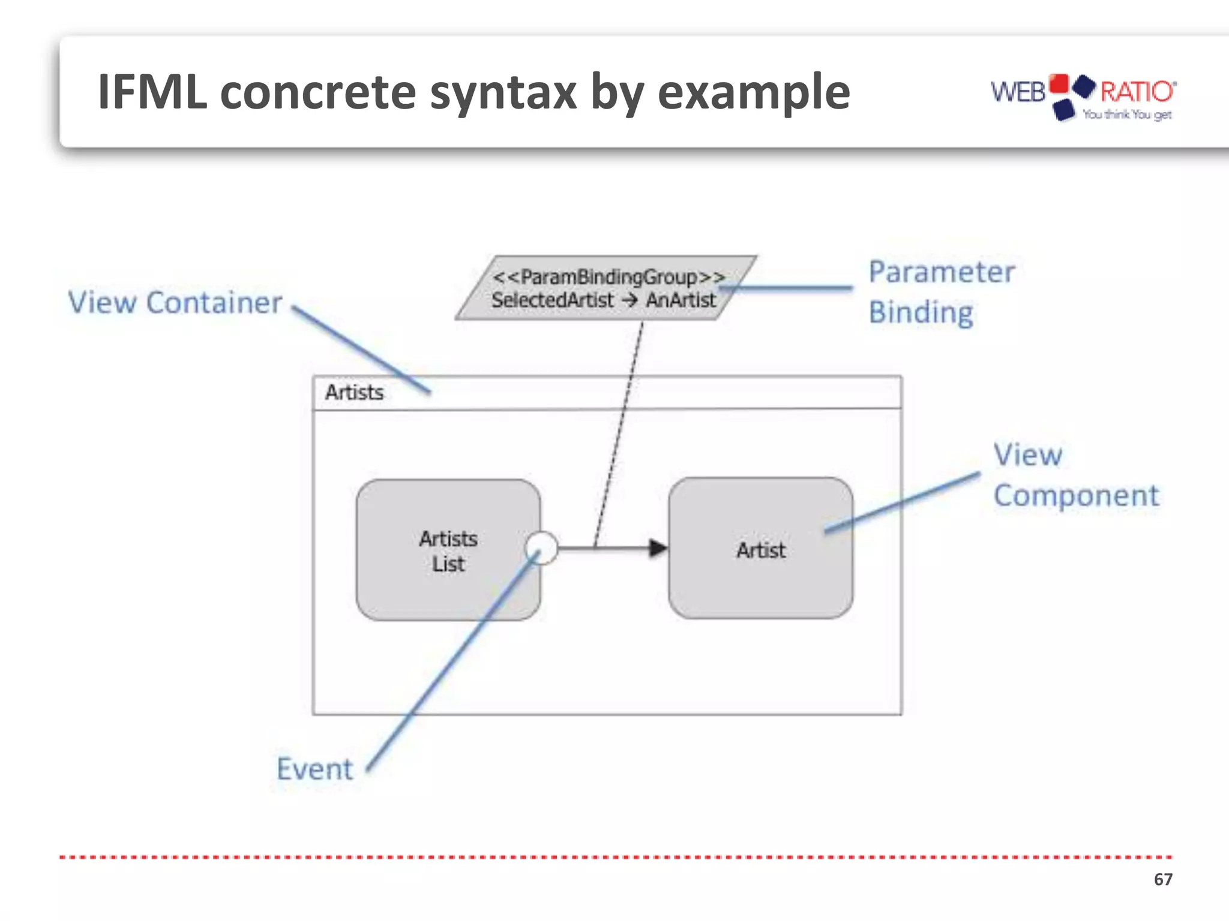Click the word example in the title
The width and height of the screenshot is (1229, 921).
coord(754,93)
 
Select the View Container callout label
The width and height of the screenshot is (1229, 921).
coord(175,302)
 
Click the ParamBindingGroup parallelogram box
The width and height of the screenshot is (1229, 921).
coord(606,288)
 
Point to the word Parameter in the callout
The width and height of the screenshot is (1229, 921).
coord(941,272)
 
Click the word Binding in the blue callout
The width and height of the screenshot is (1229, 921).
coord(921,312)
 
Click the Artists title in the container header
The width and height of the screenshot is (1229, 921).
coord(354,392)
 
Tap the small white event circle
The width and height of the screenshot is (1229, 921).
coord(541,548)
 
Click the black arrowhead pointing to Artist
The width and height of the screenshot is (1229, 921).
coord(658,548)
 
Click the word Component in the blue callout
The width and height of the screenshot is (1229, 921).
coord(1075,496)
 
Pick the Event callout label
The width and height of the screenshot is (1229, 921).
coord(314,769)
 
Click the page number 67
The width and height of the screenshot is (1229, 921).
coord(1162,879)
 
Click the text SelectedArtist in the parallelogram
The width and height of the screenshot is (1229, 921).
coord(552,300)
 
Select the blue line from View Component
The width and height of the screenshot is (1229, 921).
coord(900,502)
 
